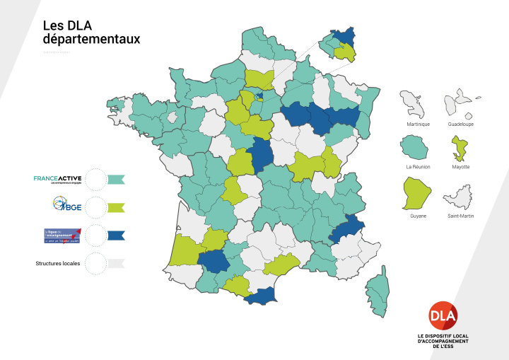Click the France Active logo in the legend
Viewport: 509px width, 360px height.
(58, 179)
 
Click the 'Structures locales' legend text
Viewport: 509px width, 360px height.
(57, 263)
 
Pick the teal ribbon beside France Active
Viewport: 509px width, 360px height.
(116, 180)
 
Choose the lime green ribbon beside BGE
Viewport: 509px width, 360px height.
(116, 207)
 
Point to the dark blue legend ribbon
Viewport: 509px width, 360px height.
(116, 236)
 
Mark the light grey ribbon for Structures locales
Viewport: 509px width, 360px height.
(116, 263)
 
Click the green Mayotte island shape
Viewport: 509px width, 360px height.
(461, 149)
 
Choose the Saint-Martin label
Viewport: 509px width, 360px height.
(461, 214)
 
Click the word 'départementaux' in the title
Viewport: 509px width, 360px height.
(91, 40)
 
